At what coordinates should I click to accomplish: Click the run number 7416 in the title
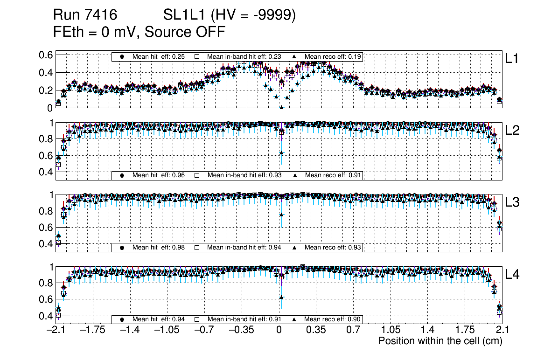(101, 15)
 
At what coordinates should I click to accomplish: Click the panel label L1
(512, 59)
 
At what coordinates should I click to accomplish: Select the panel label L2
(512, 131)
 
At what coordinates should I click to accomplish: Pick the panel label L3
(512, 203)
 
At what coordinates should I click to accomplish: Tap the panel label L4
(512, 275)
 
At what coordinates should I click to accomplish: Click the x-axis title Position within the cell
(440, 341)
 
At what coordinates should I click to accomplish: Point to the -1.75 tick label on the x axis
(92, 331)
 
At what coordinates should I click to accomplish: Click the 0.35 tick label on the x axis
(316, 331)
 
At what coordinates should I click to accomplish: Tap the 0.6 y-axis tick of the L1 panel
(45, 55)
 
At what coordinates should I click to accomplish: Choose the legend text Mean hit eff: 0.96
(159, 175)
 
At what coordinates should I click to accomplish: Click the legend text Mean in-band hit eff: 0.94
(244, 247)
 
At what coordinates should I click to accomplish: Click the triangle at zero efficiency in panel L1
(281, 107)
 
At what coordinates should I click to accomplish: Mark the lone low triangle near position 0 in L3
(281, 215)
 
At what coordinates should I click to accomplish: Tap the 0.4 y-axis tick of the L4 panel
(45, 316)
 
